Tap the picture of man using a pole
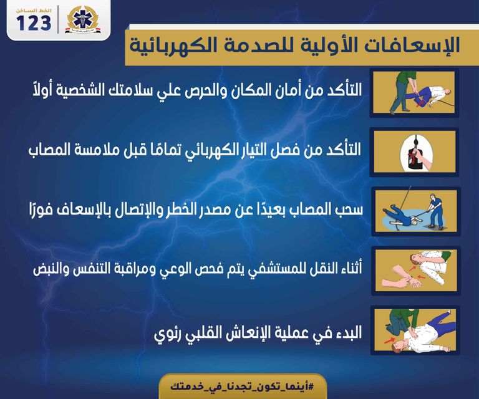[x=415, y=211]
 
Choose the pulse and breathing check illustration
[x=415, y=271]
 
